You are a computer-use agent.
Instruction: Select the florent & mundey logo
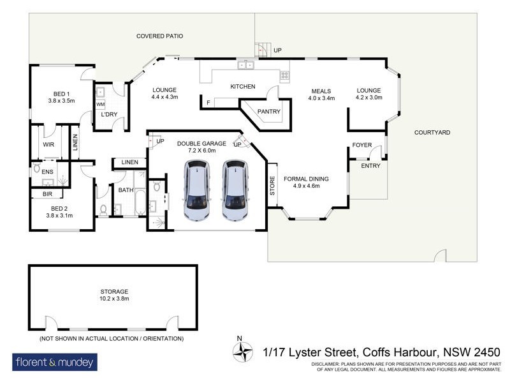[55, 363]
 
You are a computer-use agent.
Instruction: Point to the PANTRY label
[265, 112]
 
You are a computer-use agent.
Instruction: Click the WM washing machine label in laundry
[100, 104]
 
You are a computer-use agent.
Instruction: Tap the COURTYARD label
[432, 133]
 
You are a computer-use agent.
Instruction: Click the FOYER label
[361, 146]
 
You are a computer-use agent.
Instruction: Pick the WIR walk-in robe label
[48, 146]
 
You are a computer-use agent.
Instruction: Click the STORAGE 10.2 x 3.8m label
[113, 294]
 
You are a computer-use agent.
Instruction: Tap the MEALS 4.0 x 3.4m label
[322, 94]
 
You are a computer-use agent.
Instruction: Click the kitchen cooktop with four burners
[284, 75]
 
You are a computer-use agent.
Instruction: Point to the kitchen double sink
[245, 65]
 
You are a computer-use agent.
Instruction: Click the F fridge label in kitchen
[208, 102]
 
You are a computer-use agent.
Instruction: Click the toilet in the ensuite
[37, 169]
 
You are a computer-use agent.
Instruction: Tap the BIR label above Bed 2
[47, 193]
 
